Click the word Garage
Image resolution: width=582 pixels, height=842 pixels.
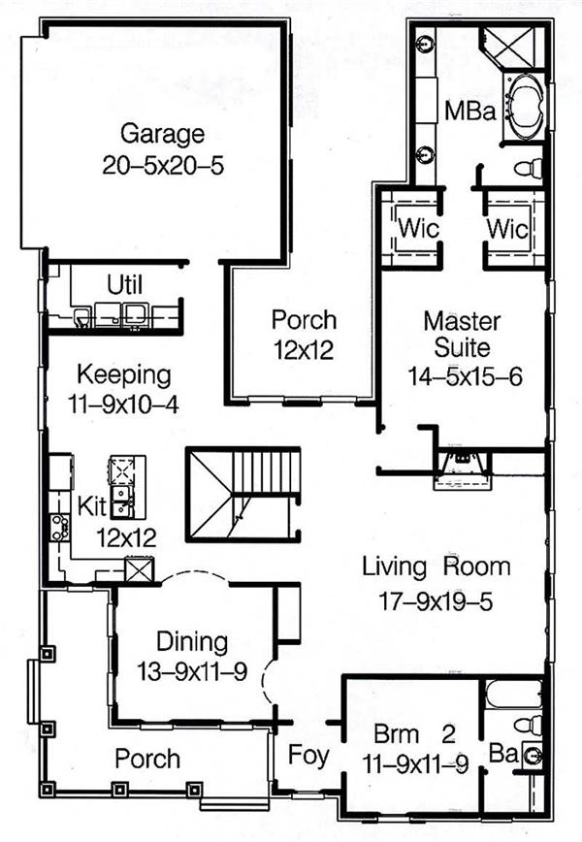(162, 133)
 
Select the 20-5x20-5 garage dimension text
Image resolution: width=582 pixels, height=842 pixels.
(162, 165)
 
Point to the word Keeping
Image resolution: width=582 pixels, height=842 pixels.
(124, 373)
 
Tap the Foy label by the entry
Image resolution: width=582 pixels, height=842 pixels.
(307, 754)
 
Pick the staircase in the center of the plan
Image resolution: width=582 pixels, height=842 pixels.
(242, 490)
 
